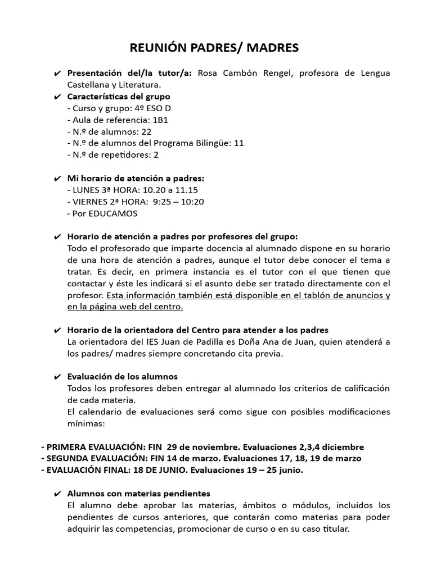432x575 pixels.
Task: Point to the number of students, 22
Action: click(x=146, y=131)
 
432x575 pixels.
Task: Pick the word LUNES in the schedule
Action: click(x=85, y=190)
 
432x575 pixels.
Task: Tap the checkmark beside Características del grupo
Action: click(x=58, y=97)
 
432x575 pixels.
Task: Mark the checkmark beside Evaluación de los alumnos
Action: click(x=58, y=377)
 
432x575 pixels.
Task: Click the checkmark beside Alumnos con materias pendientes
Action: click(x=58, y=494)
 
